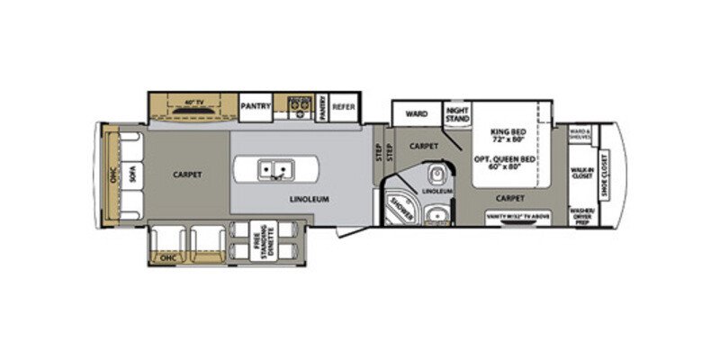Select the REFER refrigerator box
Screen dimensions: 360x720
coord(344,106)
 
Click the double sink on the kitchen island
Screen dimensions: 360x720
coord(275,168)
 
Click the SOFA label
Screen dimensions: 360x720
coord(131,176)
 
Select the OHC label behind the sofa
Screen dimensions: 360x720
coord(113,176)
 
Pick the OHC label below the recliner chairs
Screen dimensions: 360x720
coord(168,257)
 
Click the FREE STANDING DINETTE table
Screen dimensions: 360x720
coord(264,237)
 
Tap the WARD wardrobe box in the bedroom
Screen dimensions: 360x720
coord(416,114)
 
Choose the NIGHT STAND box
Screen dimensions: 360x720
coord(457,114)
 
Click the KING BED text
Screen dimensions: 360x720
coord(508,136)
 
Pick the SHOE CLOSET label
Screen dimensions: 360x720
coord(604,171)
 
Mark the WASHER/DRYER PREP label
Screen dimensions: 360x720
coord(580,215)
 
